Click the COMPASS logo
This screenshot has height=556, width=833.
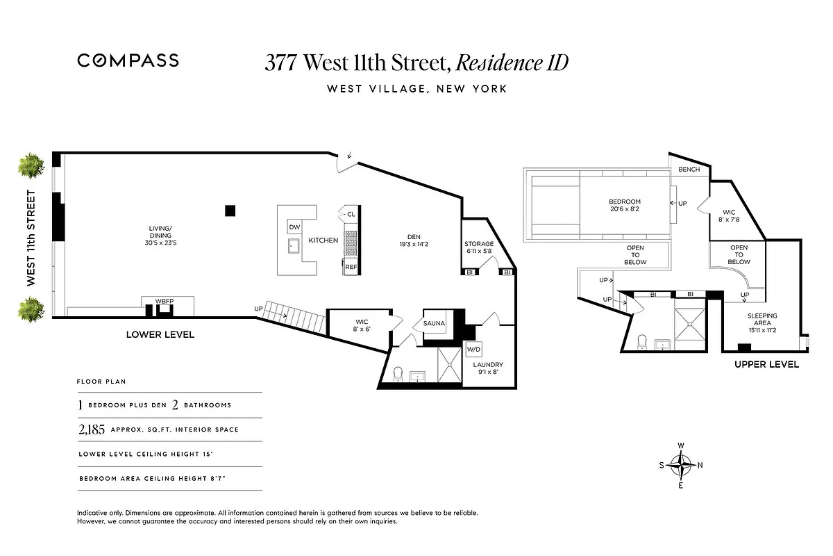pos(128,60)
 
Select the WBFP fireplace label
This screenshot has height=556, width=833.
pos(164,301)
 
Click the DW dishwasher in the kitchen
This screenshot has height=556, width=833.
pos(294,227)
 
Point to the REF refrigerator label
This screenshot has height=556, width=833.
pos(351,267)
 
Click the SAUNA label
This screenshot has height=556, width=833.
pos(434,324)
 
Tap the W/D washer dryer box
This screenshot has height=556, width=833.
pos(473,349)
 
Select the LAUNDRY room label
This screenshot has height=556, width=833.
pos(488,365)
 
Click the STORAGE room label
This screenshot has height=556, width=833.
pos(479,244)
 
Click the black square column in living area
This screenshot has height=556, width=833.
pos(230,211)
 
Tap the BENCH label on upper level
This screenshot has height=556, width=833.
pos(689,170)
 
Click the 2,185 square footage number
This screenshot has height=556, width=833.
pos(91,430)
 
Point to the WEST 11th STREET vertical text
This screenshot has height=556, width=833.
pos(31,238)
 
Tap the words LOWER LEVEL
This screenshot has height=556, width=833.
pos(160,334)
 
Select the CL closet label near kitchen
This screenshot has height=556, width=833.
pos(351,214)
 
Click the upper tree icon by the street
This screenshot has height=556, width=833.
pos(31,166)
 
